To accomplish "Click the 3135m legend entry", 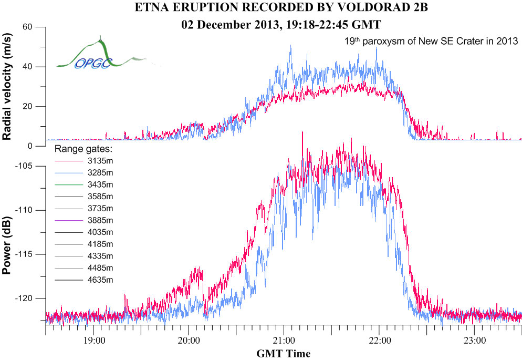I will click(x=99, y=160).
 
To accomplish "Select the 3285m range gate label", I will click(x=99, y=172).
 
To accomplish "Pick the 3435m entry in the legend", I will click(x=99, y=184).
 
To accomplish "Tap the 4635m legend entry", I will click(x=99, y=280).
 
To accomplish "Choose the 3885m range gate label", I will click(x=99, y=220).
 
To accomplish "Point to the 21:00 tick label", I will click(x=284, y=341).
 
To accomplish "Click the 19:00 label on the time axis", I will click(x=93, y=341).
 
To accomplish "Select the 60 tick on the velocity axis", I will click(x=28, y=27).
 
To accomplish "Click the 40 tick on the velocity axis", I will click(x=28, y=67).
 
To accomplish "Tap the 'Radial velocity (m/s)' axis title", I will click(x=8, y=87).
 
